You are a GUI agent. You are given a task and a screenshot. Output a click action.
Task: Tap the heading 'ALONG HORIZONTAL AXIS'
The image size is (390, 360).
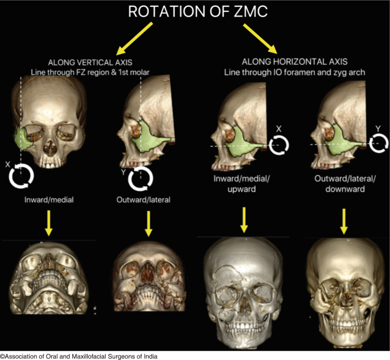click(294, 62)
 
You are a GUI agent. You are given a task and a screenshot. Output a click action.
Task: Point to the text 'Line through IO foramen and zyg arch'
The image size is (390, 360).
click(294, 72)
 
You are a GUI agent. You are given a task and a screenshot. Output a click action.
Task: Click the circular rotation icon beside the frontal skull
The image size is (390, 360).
click(21, 176)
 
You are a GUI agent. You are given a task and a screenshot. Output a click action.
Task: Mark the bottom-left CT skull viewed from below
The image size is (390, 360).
click(48, 282)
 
